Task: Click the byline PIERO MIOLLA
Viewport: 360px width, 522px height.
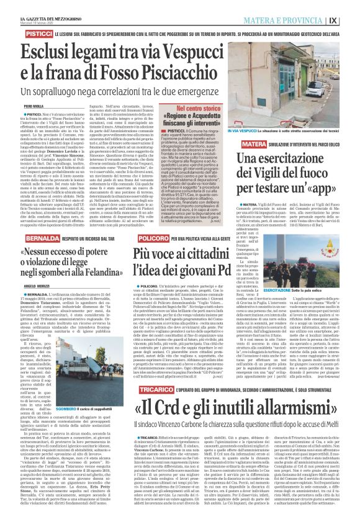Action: [17, 107]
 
